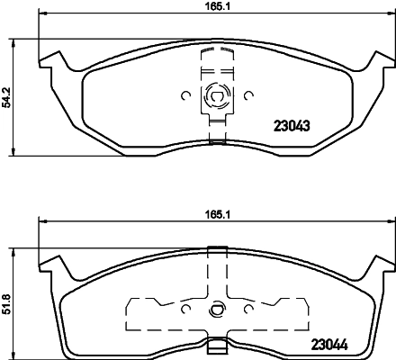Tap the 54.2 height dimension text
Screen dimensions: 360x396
[8, 96]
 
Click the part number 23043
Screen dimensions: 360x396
[291, 126]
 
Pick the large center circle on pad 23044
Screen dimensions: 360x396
[215, 312]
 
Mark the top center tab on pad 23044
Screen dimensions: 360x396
[215, 249]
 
